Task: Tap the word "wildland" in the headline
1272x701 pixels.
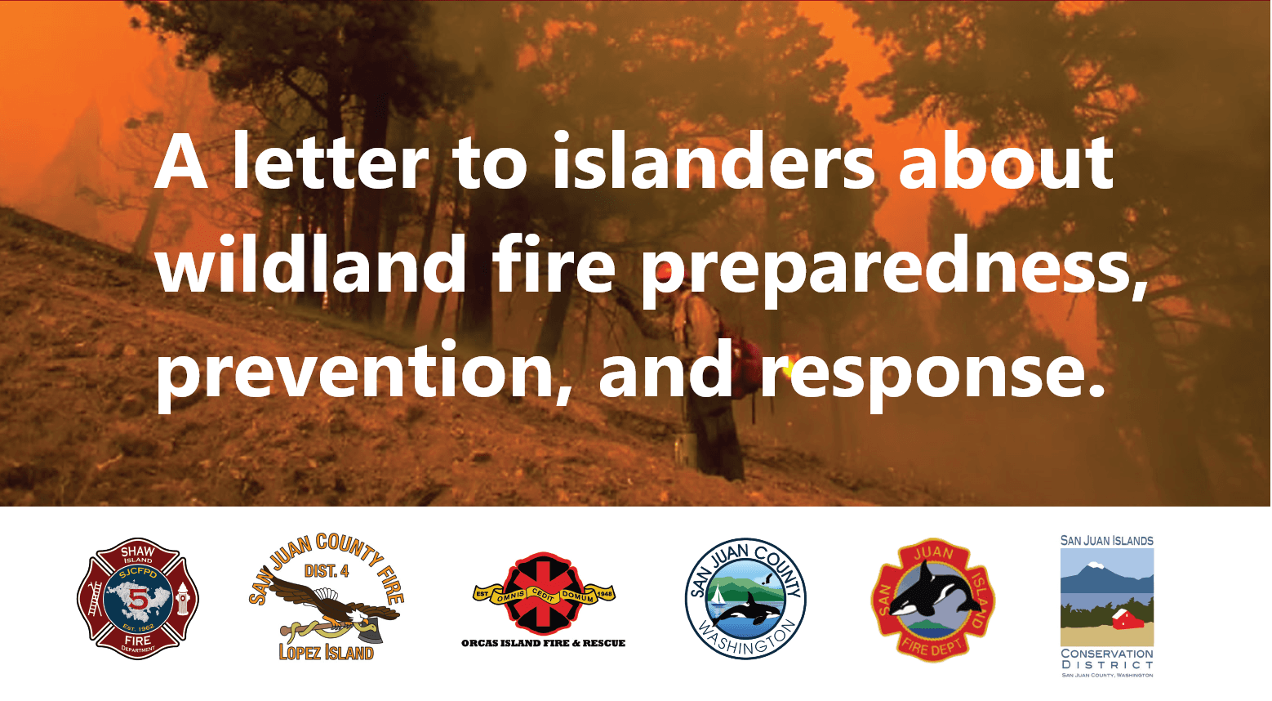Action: (x=311, y=266)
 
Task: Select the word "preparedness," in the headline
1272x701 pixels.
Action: (x=894, y=270)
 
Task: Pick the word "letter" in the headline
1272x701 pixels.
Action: (x=330, y=162)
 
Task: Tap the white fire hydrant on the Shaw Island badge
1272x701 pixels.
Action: (x=182, y=600)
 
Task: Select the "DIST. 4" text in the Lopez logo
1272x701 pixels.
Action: (x=326, y=571)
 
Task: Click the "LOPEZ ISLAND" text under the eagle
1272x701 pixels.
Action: (x=326, y=652)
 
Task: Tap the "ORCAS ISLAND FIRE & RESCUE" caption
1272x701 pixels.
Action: (x=543, y=643)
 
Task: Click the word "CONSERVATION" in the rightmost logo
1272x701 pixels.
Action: (x=1106, y=654)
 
